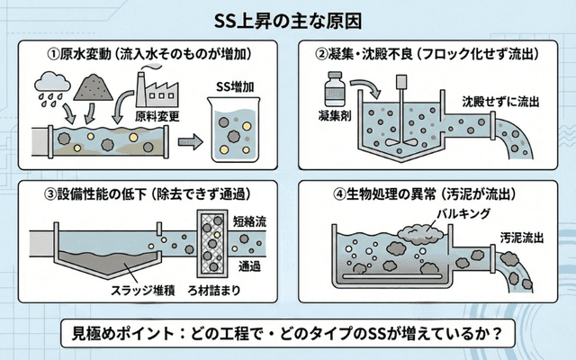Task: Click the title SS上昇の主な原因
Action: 288,19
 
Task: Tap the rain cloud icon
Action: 49,86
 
